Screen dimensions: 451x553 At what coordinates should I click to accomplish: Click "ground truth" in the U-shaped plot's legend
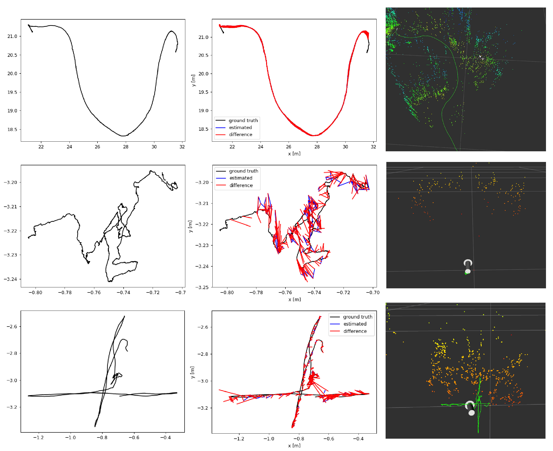coord(243,121)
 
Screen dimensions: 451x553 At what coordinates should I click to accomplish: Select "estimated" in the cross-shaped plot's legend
coord(355,324)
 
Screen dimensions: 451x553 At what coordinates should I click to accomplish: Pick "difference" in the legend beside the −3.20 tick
coord(241,185)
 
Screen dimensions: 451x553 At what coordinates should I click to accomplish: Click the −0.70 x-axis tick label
coord(373,292)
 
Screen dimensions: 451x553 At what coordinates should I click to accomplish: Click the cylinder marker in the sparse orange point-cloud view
coord(468,266)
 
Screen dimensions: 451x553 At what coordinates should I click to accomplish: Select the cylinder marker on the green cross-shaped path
coord(470,408)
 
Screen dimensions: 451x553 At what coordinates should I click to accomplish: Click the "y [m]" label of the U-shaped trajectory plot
coord(193,80)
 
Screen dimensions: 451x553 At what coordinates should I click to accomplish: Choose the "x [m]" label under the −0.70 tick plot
coord(294,299)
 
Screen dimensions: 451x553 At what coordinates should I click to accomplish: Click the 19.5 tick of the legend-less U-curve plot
coord(12,92)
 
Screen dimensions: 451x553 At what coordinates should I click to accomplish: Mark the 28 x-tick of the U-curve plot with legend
coord(317,147)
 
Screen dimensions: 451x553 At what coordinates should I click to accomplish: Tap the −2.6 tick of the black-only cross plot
coord(12,327)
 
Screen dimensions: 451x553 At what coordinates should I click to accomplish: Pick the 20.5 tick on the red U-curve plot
coord(203,55)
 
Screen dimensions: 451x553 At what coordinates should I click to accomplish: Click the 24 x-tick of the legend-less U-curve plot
coord(69,147)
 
